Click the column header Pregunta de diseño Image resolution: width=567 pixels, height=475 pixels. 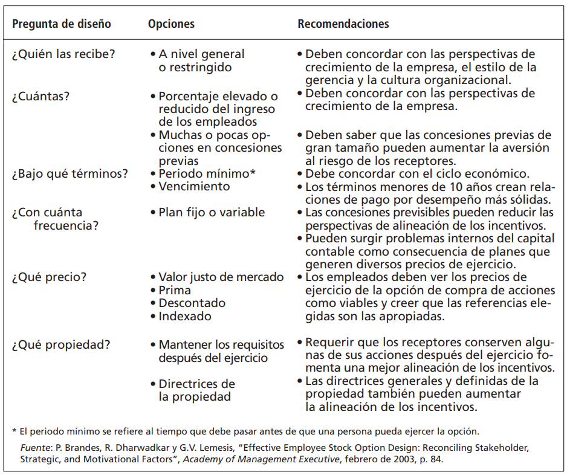point(61,24)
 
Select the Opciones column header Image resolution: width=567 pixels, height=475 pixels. point(171,24)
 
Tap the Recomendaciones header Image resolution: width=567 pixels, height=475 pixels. point(343,24)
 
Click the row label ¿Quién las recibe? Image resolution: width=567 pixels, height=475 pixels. point(63,54)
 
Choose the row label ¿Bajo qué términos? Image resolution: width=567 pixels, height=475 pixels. point(70,173)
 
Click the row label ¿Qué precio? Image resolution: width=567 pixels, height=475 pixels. point(49,277)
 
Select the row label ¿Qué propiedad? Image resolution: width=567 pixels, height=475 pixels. point(60,345)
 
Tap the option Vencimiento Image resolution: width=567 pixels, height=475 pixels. point(193,186)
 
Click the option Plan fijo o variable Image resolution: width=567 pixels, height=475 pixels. point(212,212)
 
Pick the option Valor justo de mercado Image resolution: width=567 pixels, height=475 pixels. point(221,277)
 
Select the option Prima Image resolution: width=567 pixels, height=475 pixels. point(175,290)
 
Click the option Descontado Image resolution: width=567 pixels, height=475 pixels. point(192,303)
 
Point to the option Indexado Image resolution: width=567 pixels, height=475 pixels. point(185,316)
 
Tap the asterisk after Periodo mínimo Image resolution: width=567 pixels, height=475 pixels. point(253,172)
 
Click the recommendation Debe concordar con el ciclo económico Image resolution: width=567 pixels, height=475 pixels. point(417,173)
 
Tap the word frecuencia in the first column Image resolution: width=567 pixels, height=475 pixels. point(65,225)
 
